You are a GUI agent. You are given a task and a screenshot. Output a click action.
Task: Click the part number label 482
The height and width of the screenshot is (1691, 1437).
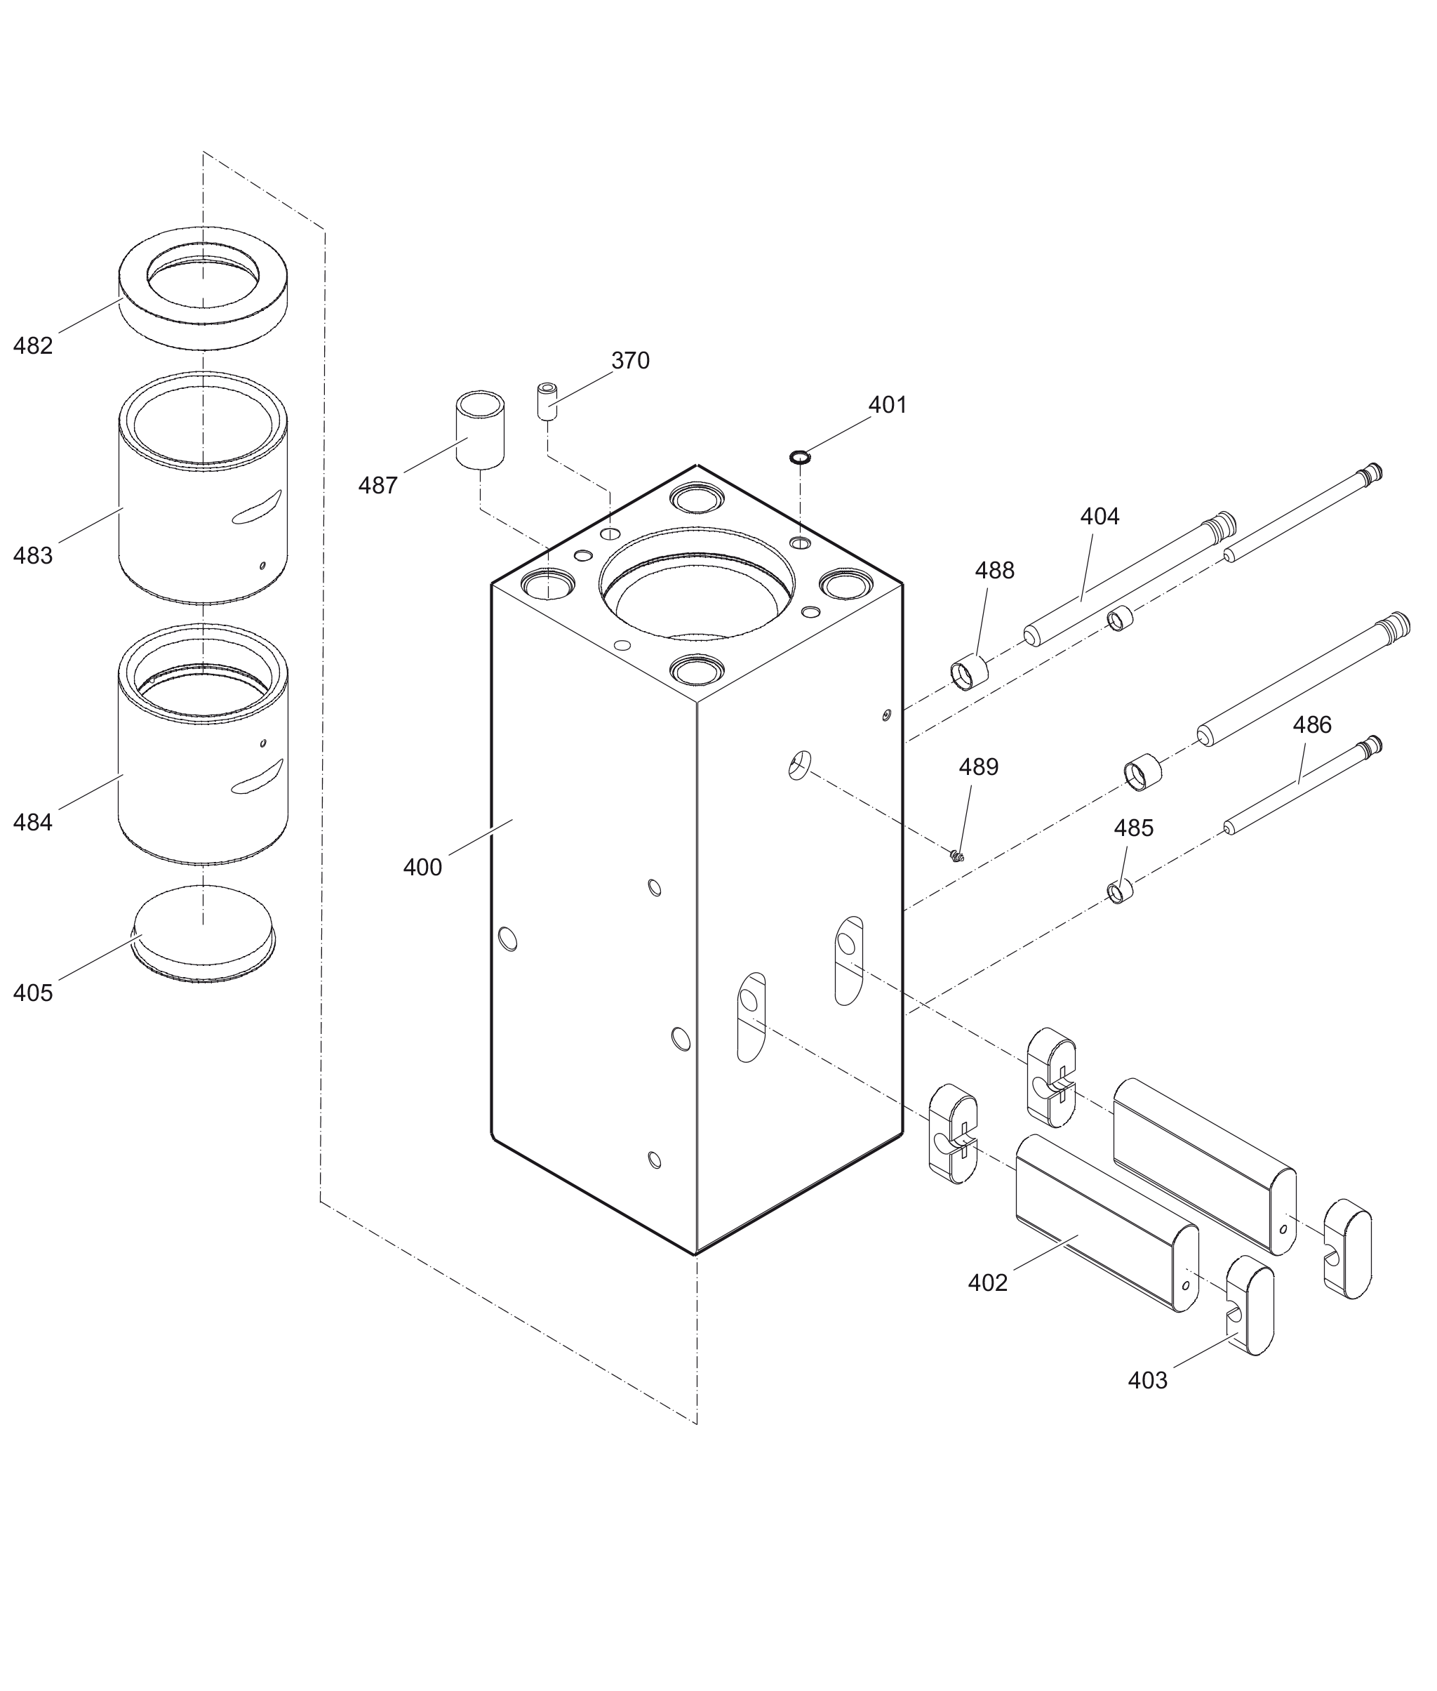(32, 346)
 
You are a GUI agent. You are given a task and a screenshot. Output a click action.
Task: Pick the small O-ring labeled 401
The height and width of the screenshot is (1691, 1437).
(800, 457)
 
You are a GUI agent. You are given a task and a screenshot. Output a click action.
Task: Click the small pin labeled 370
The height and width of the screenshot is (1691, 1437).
(547, 400)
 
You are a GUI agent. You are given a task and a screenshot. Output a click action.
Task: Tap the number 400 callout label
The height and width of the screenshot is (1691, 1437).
(422, 867)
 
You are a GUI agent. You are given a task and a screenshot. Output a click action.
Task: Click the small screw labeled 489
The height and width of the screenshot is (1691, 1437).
(957, 855)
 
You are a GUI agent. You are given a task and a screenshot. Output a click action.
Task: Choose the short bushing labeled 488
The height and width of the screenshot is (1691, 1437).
(970, 673)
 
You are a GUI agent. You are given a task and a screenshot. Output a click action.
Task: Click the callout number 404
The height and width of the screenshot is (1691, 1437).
(1099, 517)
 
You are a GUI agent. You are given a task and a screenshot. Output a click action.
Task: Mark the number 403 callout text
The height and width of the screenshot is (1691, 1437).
(1147, 1381)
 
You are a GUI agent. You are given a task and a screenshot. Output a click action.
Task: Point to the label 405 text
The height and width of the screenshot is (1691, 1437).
(32, 993)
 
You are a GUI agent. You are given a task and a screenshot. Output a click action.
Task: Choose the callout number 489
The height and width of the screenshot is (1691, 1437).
(977, 768)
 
